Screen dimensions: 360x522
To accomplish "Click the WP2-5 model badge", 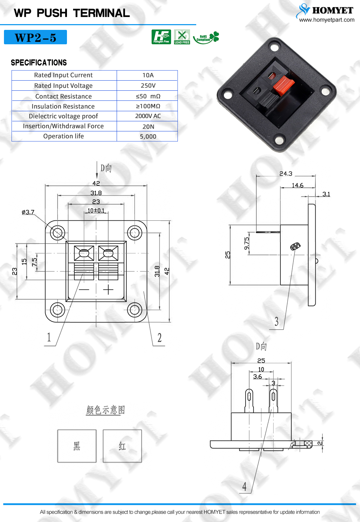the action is coord(35,37).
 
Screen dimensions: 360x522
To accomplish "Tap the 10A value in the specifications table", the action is coord(148,75).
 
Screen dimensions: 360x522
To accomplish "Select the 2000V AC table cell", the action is coord(148,116).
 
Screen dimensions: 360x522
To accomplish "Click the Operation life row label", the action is coord(63,136).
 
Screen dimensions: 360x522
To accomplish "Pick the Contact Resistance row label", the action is coord(63,96).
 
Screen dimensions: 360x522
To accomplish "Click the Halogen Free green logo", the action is coord(161,37).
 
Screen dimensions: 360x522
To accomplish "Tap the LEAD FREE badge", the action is coord(182,37).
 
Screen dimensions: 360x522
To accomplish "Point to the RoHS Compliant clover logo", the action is coord(206,37).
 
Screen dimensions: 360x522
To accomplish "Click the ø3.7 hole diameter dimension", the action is coord(28,212).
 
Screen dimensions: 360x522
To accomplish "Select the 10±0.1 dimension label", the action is coord(96,211).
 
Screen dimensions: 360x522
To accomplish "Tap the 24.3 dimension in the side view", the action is coord(286,174).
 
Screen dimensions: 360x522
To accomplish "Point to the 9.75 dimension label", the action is coord(247,243).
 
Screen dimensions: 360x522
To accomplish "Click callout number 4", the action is coord(244,487).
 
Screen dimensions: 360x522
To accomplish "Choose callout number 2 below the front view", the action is coord(159,338).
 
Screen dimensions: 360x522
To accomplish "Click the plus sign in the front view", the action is coord(108,290).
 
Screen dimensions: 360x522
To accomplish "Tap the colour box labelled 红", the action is coord(122,446).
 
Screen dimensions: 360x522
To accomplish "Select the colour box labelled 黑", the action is coord(77,446).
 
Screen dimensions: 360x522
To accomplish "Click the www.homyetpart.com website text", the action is coord(327,20).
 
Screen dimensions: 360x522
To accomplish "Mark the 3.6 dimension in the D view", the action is coord(257,377).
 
